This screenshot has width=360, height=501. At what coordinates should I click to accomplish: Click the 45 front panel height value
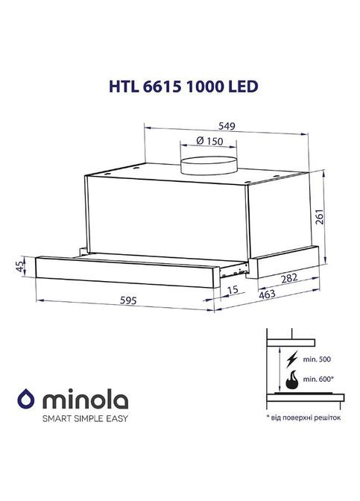pyautogui.click(x=20, y=266)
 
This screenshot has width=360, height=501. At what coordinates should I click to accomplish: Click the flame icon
pyautogui.click(x=292, y=379)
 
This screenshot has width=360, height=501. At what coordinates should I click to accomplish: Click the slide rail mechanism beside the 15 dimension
pyautogui.click(x=239, y=265)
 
